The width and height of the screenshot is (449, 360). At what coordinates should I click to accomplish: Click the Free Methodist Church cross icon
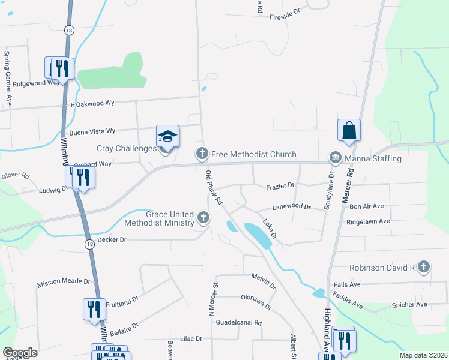(202, 154)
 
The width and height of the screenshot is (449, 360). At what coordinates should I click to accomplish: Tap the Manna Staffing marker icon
(334, 158)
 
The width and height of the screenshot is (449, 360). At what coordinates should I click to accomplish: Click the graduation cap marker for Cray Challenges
(168, 137)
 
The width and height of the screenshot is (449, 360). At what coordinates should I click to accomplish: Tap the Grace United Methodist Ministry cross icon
(203, 217)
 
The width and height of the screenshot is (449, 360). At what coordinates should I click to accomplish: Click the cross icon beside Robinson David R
(424, 266)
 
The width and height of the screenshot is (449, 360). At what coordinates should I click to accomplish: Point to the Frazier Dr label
(280, 187)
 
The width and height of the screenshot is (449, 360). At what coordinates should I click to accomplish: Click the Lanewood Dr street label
(291, 207)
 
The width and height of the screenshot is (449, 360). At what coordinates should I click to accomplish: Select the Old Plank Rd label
(214, 187)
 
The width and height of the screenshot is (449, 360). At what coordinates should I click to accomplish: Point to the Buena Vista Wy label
(92, 130)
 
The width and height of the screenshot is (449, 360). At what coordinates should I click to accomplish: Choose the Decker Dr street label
(112, 239)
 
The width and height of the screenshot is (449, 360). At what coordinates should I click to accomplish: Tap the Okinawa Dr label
(256, 302)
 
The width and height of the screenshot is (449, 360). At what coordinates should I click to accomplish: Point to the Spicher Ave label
(409, 305)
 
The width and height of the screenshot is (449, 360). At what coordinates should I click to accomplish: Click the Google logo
(20, 353)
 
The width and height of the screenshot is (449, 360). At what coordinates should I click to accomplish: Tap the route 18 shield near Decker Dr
(89, 244)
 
